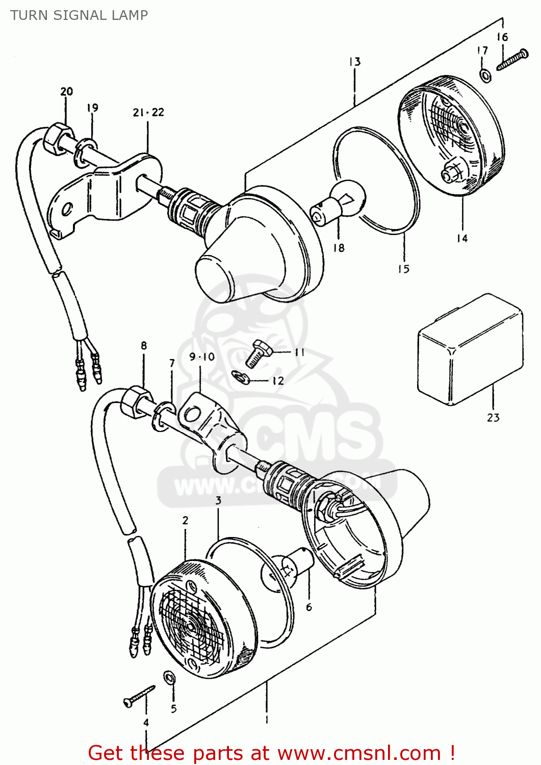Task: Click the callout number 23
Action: pos(493,418)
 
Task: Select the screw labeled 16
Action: pos(512,60)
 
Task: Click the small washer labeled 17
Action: pos(485,75)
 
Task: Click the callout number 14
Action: pos(462,238)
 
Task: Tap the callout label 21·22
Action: pos(148,112)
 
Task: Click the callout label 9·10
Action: pos(202,357)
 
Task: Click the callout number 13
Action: pos(355,62)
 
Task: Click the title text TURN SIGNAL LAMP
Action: pos(79,15)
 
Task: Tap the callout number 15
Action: pos(403,269)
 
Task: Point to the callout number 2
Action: pos(185,520)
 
